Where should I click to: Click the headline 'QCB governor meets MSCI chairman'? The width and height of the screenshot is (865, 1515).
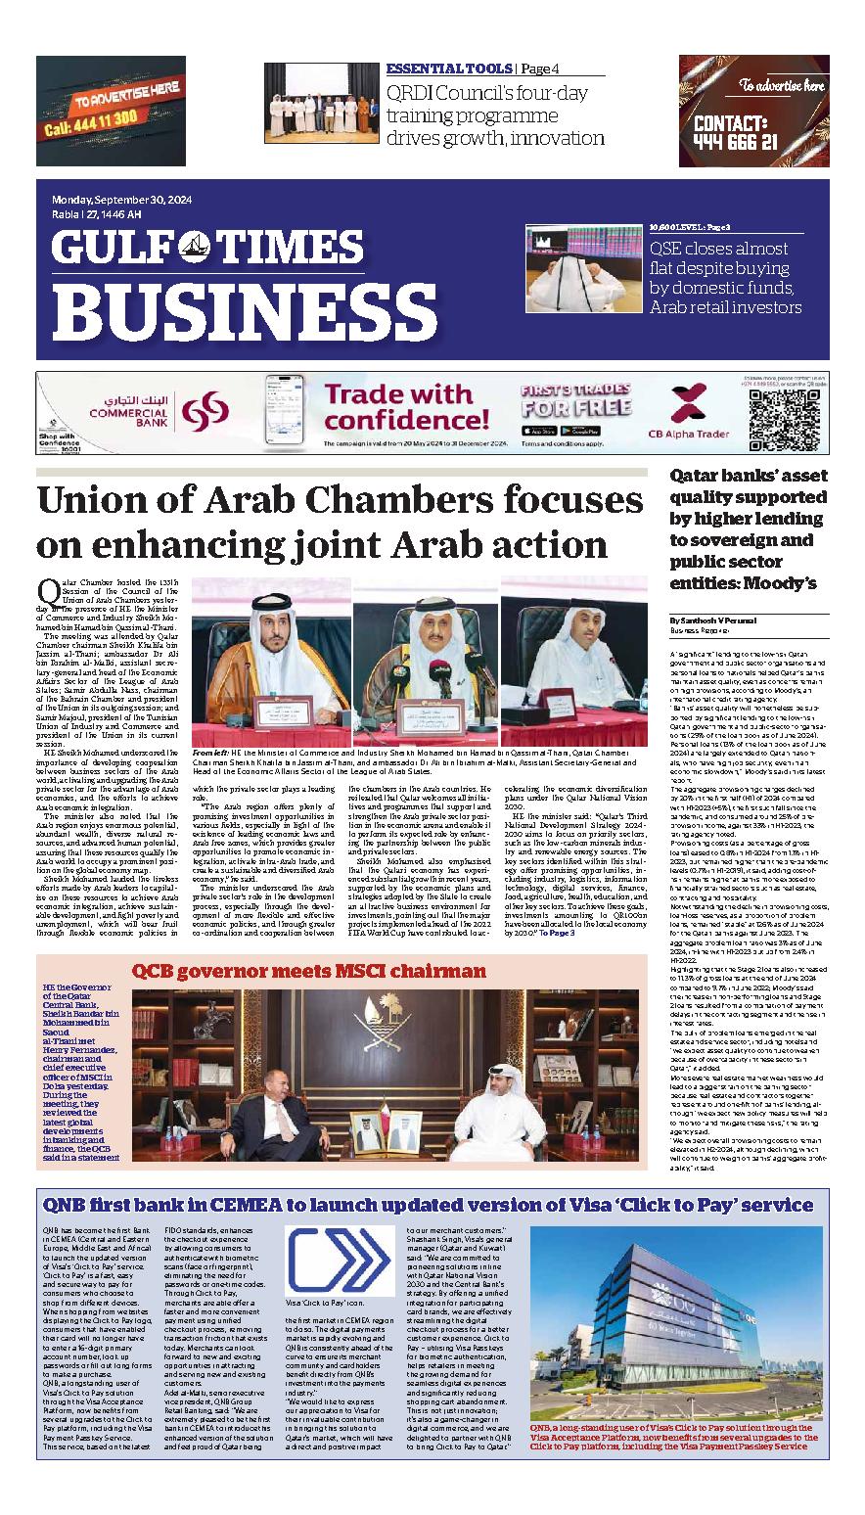[x=309, y=943]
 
